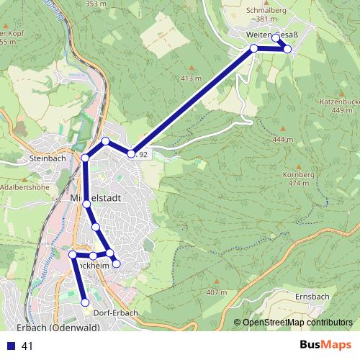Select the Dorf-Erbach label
[114, 312]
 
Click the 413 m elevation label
[189, 78]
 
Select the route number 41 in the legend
[27, 346]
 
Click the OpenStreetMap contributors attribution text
[297, 323]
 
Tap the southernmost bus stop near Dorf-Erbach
[85, 302]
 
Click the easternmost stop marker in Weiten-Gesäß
[287, 49]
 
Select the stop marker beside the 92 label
[131, 153]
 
